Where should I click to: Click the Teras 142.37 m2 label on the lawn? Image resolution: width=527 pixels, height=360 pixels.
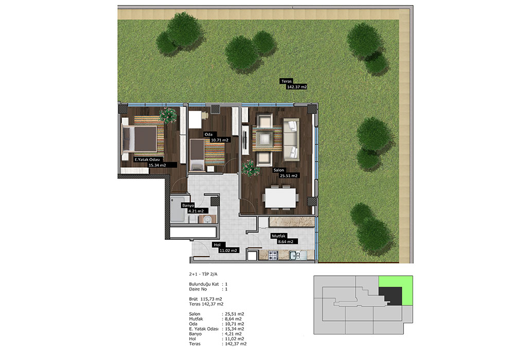click(293, 84)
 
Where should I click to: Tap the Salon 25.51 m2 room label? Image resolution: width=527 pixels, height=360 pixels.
click(285, 173)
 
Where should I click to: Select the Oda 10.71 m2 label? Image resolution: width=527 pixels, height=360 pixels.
click(217, 137)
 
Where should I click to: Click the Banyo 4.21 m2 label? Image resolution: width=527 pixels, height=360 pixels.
click(195, 208)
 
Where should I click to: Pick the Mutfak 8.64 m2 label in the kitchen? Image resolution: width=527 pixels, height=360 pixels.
click(284, 239)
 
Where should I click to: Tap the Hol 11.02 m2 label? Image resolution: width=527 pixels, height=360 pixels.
click(226, 247)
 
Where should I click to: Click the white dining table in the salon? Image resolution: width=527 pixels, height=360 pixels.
click(280, 198)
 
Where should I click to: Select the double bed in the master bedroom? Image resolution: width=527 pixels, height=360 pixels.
click(139, 139)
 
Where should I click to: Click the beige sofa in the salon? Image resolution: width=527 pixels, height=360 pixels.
click(291, 139)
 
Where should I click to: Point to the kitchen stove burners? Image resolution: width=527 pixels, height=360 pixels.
click(273, 255)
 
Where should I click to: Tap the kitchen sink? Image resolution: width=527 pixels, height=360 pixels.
click(297, 255)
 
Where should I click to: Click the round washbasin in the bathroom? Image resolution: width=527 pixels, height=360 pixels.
click(207, 220)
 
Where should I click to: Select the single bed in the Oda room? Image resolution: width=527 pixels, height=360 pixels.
click(197, 155)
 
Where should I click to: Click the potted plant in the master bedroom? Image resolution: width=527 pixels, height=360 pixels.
click(168, 115)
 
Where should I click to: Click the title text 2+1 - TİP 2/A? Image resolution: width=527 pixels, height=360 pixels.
click(203, 274)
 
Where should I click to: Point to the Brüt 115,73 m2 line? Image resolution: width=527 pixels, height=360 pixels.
click(205, 299)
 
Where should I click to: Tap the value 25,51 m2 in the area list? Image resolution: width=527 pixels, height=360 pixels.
click(235, 314)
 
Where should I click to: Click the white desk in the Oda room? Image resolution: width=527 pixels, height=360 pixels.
click(195, 119)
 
